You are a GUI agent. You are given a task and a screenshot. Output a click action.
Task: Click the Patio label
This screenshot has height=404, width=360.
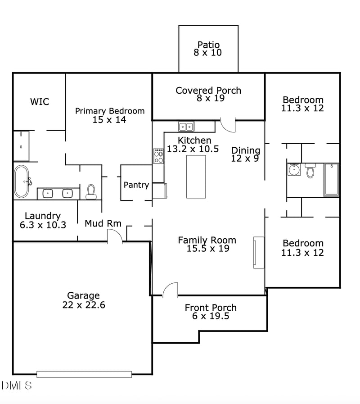[208, 45]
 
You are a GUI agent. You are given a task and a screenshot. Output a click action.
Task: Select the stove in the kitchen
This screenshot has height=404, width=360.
[158, 156]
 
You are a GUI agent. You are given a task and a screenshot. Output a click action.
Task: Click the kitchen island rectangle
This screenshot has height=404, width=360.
[196, 177]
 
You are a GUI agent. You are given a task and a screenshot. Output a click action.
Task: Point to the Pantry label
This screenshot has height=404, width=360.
[136, 185]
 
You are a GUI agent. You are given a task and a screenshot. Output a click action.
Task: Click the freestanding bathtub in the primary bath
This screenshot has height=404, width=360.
[21, 182]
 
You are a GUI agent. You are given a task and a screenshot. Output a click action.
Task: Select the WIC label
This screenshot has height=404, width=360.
[40, 102]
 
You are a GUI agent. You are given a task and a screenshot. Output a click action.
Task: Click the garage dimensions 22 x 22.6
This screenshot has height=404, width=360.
[84, 305]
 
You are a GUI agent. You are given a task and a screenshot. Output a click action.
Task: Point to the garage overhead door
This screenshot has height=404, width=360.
[84, 374]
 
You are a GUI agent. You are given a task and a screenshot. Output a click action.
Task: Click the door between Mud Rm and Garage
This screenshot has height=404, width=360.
[115, 236]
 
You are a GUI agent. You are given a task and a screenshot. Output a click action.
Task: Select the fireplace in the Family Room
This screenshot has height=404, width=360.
[259, 252]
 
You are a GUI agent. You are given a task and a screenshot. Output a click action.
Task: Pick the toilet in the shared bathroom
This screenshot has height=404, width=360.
[310, 171]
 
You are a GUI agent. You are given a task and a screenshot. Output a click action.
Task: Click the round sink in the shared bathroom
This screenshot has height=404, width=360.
[294, 170]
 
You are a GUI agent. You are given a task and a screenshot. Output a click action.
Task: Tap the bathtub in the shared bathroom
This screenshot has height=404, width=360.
[331, 180]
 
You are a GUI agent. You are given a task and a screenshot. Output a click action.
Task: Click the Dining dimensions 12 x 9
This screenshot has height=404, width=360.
[245, 159]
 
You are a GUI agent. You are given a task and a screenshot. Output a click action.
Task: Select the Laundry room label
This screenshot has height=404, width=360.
[43, 216]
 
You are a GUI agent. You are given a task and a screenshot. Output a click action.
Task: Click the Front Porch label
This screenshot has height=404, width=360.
[211, 308]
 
